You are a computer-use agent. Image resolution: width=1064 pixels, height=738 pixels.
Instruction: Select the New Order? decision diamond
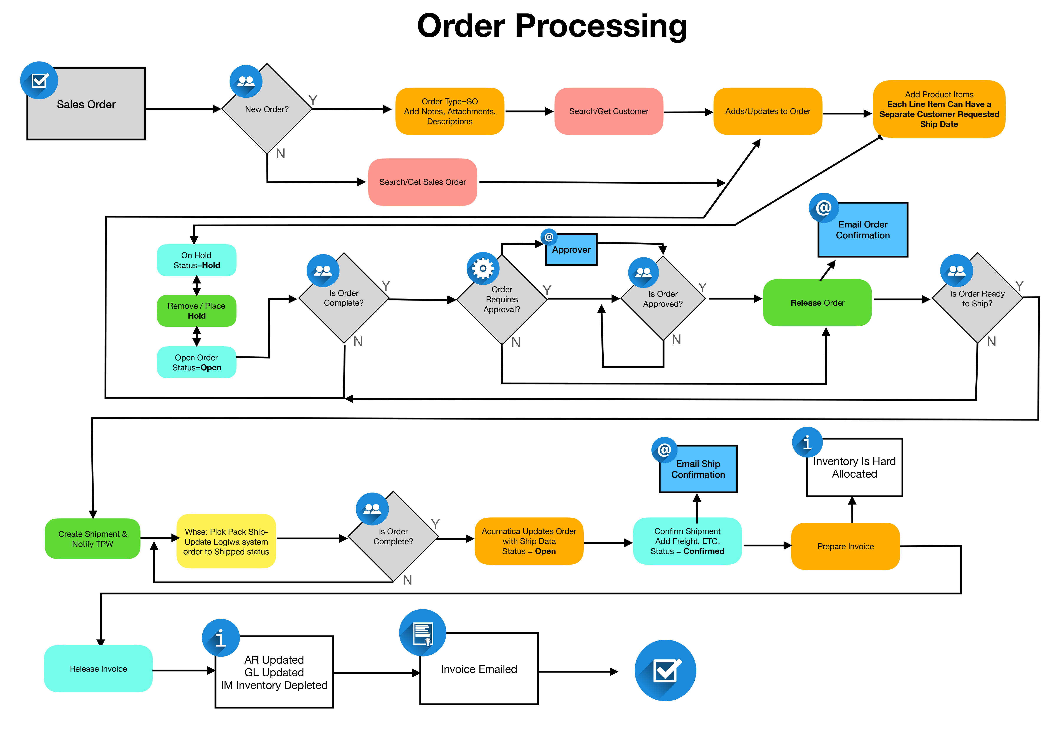coord(267,109)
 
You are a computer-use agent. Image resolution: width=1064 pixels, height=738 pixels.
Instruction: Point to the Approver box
coord(571,250)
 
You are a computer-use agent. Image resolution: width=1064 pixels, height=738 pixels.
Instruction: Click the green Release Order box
coord(817,303)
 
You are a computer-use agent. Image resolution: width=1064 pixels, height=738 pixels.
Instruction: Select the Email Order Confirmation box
coord(863,230)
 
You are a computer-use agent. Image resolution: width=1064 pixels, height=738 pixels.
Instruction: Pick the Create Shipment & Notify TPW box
coord(93,539)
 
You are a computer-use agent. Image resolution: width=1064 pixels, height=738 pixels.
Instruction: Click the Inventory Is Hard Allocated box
coord(854,468)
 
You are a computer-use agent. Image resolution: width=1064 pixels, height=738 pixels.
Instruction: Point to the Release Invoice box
coord(98,669)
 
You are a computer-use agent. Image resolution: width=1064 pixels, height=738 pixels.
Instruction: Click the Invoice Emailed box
coord(479,669)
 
